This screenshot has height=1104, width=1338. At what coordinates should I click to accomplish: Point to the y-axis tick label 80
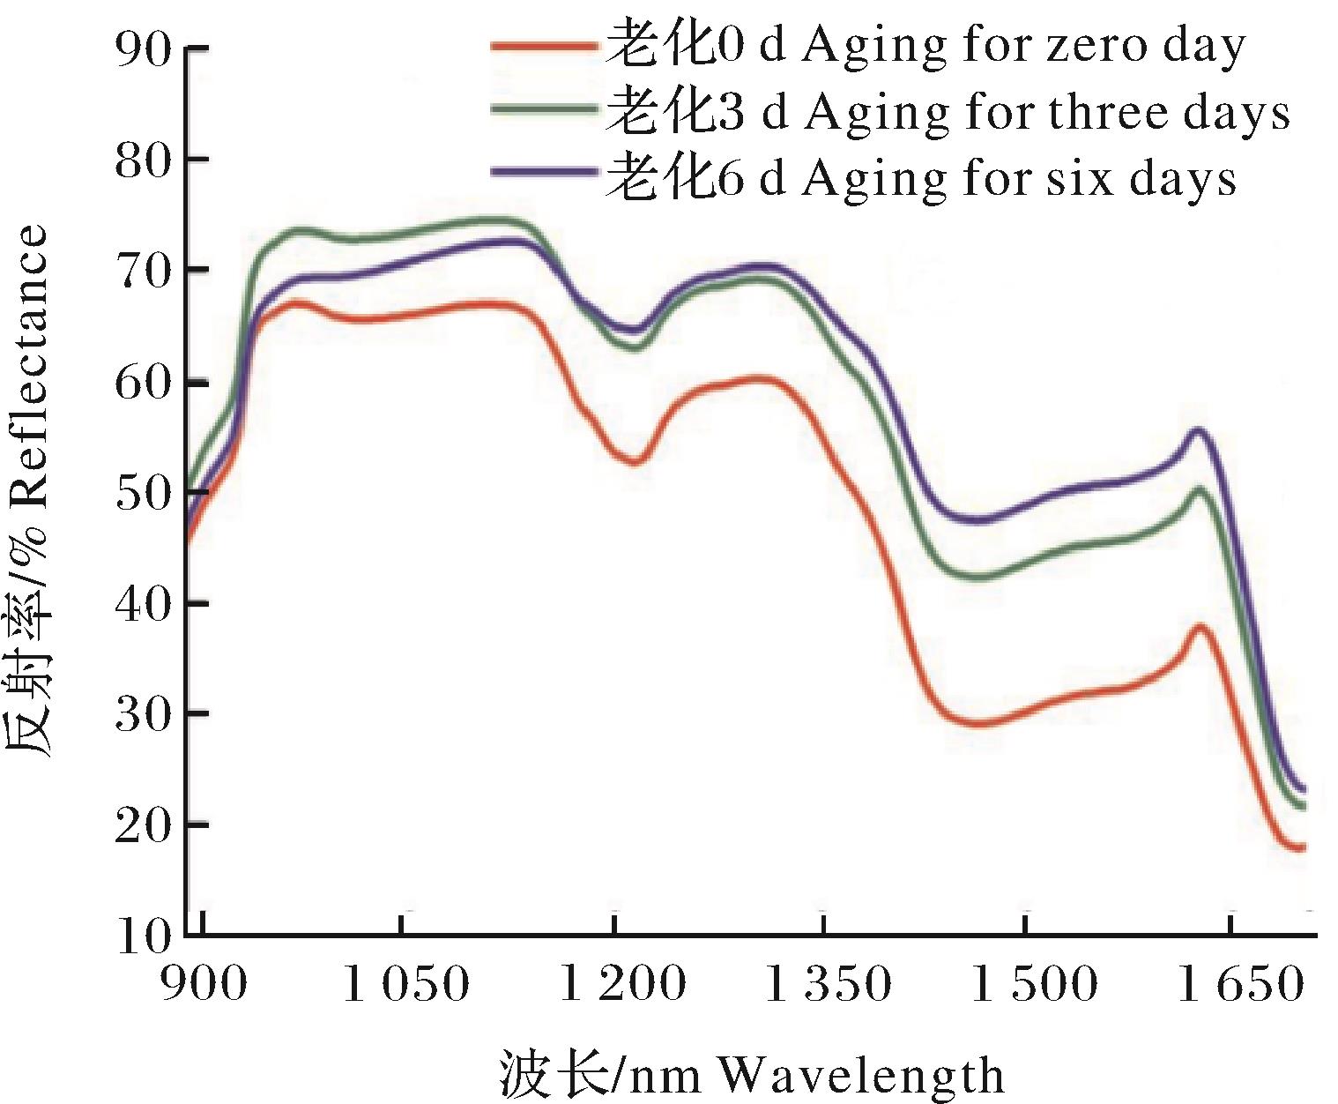point(142,160)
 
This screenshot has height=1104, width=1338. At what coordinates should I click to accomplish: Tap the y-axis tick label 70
point(142,271)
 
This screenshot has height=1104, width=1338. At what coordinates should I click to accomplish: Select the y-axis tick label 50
point(142,492)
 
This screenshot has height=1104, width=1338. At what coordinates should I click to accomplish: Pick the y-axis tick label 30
point(142,714)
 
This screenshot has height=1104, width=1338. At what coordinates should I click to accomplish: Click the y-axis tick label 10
point(142,936)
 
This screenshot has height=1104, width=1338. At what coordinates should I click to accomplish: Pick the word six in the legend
point(1080,178)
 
